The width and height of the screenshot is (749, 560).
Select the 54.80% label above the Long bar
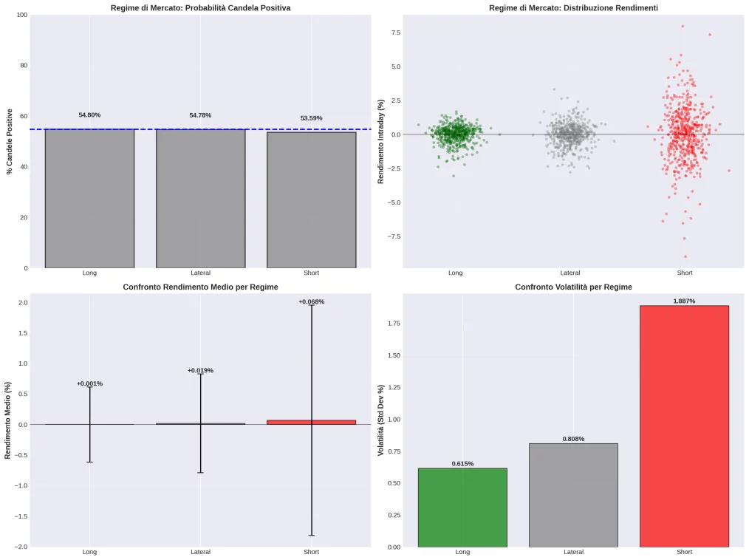click(x=89, y=115)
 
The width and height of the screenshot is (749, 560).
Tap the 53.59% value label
click(x=311, y=118)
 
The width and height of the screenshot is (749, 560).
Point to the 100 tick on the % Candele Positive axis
click(x=22, y=15)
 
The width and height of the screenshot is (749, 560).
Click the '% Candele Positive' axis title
click(x=10, y=141)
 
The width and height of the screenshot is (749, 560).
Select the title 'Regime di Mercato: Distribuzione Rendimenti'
click(x=573, y=8)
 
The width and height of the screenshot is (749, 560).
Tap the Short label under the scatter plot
click(x=684, y=273)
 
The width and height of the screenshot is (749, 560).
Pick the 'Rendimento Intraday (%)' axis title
click(x=381, y=141)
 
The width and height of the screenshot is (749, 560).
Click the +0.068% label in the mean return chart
click(x=311, y=301)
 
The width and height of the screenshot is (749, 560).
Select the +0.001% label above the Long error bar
click(x=89, y=383)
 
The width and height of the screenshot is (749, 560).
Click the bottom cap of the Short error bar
click(x=311, y=535)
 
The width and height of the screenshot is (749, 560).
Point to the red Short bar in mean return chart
click(x=311, y=422)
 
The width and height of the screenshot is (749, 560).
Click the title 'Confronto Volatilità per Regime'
click(x=573, y=287)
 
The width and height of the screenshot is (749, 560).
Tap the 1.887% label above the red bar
click(x=684, y=301)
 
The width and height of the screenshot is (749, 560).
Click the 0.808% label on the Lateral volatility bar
click(x=573, y=439)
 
